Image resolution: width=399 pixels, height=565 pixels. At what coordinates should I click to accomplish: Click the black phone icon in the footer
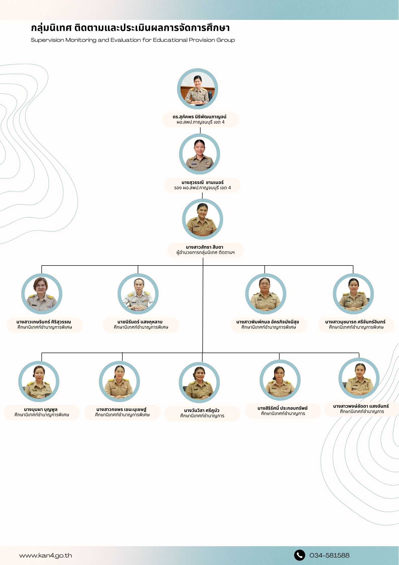(x=299, y=555)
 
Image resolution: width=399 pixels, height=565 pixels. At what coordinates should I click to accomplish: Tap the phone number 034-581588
(x=329, y=555)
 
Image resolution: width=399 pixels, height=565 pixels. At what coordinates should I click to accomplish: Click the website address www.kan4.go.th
(x=46, y=556)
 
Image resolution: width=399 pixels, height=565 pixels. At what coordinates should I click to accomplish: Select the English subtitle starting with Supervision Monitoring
(x=133, y=40)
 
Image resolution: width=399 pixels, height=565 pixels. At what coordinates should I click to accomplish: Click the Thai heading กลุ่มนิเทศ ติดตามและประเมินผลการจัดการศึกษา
(x=130, y=28)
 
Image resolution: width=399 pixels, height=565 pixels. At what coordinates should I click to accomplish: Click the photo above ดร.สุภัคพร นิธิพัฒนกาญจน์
(x=197, y=89)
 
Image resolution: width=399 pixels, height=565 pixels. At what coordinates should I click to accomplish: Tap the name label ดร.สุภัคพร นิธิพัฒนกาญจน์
(x=199, y=117)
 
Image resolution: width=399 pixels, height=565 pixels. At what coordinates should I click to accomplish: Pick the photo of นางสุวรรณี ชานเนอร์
(x=199, y=154)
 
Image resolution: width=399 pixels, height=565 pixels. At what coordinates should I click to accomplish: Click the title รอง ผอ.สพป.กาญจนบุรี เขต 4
(x=202, y=188)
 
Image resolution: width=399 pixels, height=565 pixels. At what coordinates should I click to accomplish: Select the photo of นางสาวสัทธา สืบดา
(x=202, y=219)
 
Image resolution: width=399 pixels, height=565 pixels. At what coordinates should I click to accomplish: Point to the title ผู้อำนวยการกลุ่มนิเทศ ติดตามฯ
(x=205, y=252)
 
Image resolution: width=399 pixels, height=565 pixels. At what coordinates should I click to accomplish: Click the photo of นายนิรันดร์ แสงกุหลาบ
(x=138, y=294)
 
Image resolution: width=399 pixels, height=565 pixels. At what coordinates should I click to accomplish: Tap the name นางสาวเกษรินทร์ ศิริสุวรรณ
(x=44, y=322)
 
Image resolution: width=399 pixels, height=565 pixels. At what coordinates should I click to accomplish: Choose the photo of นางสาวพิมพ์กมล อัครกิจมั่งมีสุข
(x=265, y=294)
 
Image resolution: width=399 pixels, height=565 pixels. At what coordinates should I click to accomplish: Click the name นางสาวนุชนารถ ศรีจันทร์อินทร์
(x=355, y=322)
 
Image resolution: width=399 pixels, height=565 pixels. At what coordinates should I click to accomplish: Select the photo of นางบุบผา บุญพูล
(x=39, y=381)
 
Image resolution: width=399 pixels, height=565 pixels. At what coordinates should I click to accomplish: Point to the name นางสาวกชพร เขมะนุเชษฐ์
(x=121, y=409)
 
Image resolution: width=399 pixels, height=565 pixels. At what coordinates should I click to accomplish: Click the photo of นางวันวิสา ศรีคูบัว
(x=199, y=383)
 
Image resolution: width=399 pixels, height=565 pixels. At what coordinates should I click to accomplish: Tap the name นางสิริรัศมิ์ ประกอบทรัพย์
(x=282, y=408)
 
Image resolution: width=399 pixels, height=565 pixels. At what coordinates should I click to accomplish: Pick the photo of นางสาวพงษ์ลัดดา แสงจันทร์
(x=359, y=378)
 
